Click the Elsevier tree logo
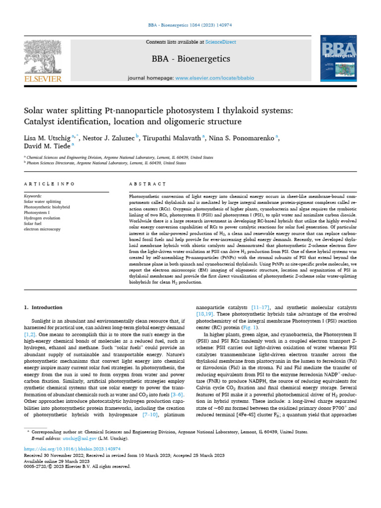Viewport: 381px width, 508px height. [x=43, y=60]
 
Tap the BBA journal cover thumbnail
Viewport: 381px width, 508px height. [x=339, y=61]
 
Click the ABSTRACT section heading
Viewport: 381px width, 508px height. [x=147, y=184]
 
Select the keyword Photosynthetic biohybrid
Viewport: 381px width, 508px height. [x=48, y=206]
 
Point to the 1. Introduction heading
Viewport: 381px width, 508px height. [x=44, y=307]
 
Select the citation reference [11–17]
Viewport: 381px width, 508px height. [x=262, y=307]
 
